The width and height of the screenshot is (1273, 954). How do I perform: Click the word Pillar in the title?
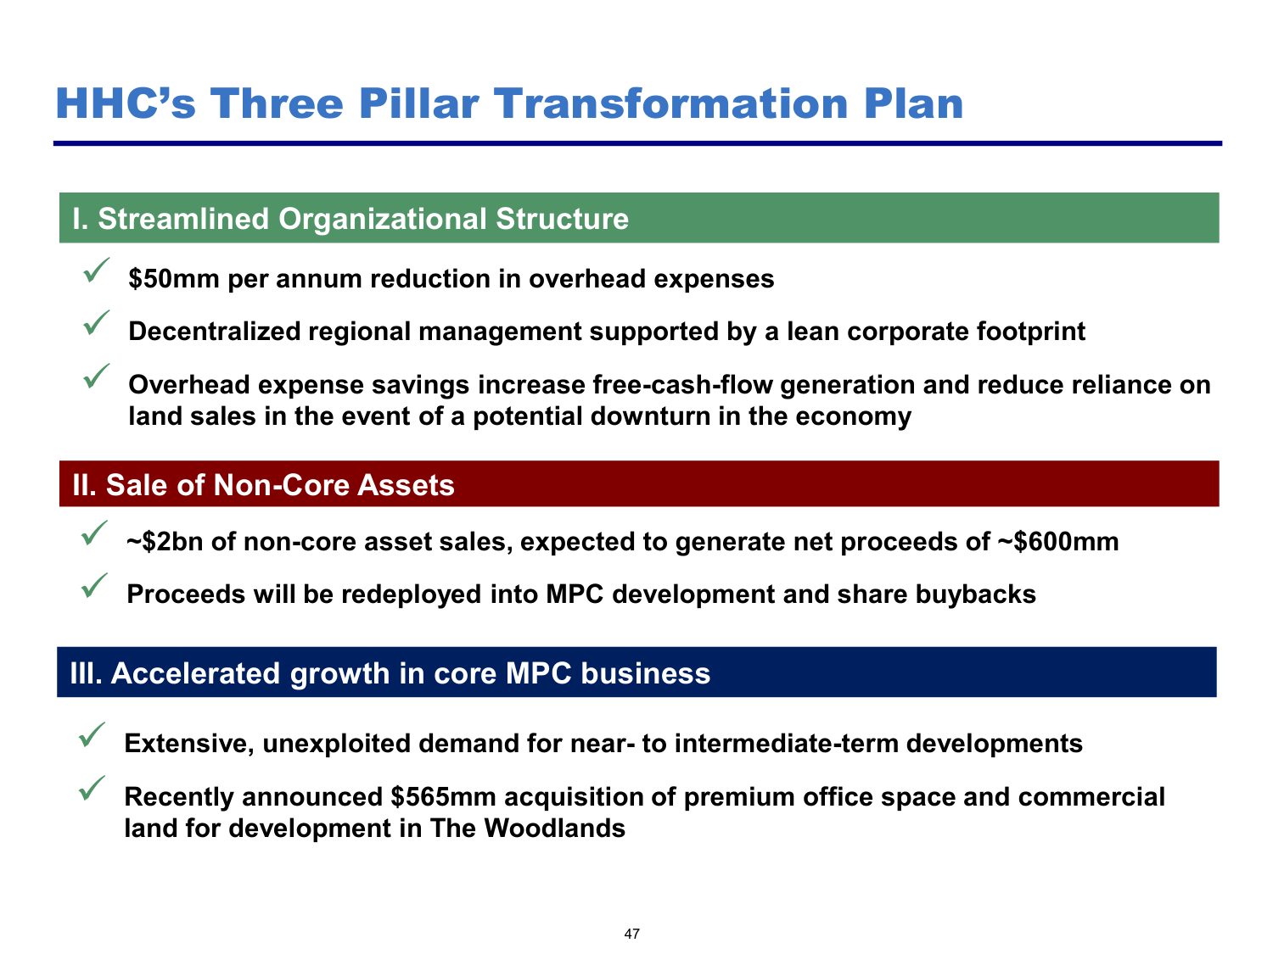pos(418,103)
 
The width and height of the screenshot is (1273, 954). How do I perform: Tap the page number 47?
pos(631,934)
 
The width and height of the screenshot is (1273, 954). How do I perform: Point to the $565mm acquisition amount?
pos(443,796)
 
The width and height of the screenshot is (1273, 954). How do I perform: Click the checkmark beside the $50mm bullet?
pos(95,271)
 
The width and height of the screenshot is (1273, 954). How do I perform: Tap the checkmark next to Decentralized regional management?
pos(95,322)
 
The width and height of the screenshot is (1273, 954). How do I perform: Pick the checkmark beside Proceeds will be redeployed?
pos(93,585)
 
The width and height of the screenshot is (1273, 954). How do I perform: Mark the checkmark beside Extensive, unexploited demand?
pos(91,734)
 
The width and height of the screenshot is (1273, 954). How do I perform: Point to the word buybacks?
pos(975,594)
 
